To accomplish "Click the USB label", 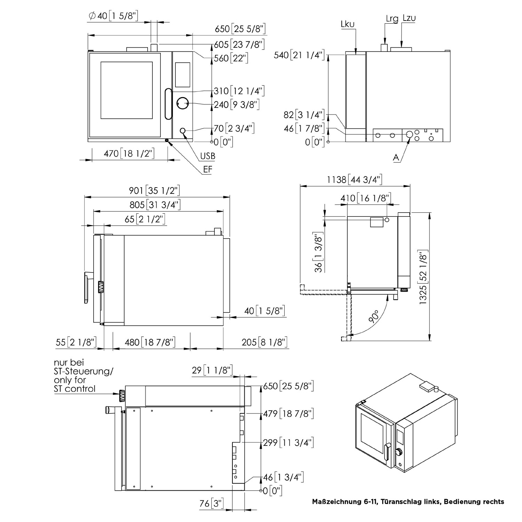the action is point(207,156).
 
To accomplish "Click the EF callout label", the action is point(208,169).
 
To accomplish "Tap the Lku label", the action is point(348,24).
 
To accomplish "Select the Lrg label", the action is point(392,18).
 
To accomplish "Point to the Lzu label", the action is point(409,18).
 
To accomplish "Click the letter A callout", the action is point(396,157).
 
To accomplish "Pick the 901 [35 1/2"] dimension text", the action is point(154,190).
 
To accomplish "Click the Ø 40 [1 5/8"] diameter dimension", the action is point(113,16).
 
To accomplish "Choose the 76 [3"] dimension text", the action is point(211,503).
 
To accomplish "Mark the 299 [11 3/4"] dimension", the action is point(288,442).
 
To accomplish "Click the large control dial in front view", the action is point(182,103).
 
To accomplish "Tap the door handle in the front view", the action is point(168,105).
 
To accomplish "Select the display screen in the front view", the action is point(182,75).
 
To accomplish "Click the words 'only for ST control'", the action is point(75,384).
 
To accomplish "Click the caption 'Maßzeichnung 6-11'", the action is point(343,501).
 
